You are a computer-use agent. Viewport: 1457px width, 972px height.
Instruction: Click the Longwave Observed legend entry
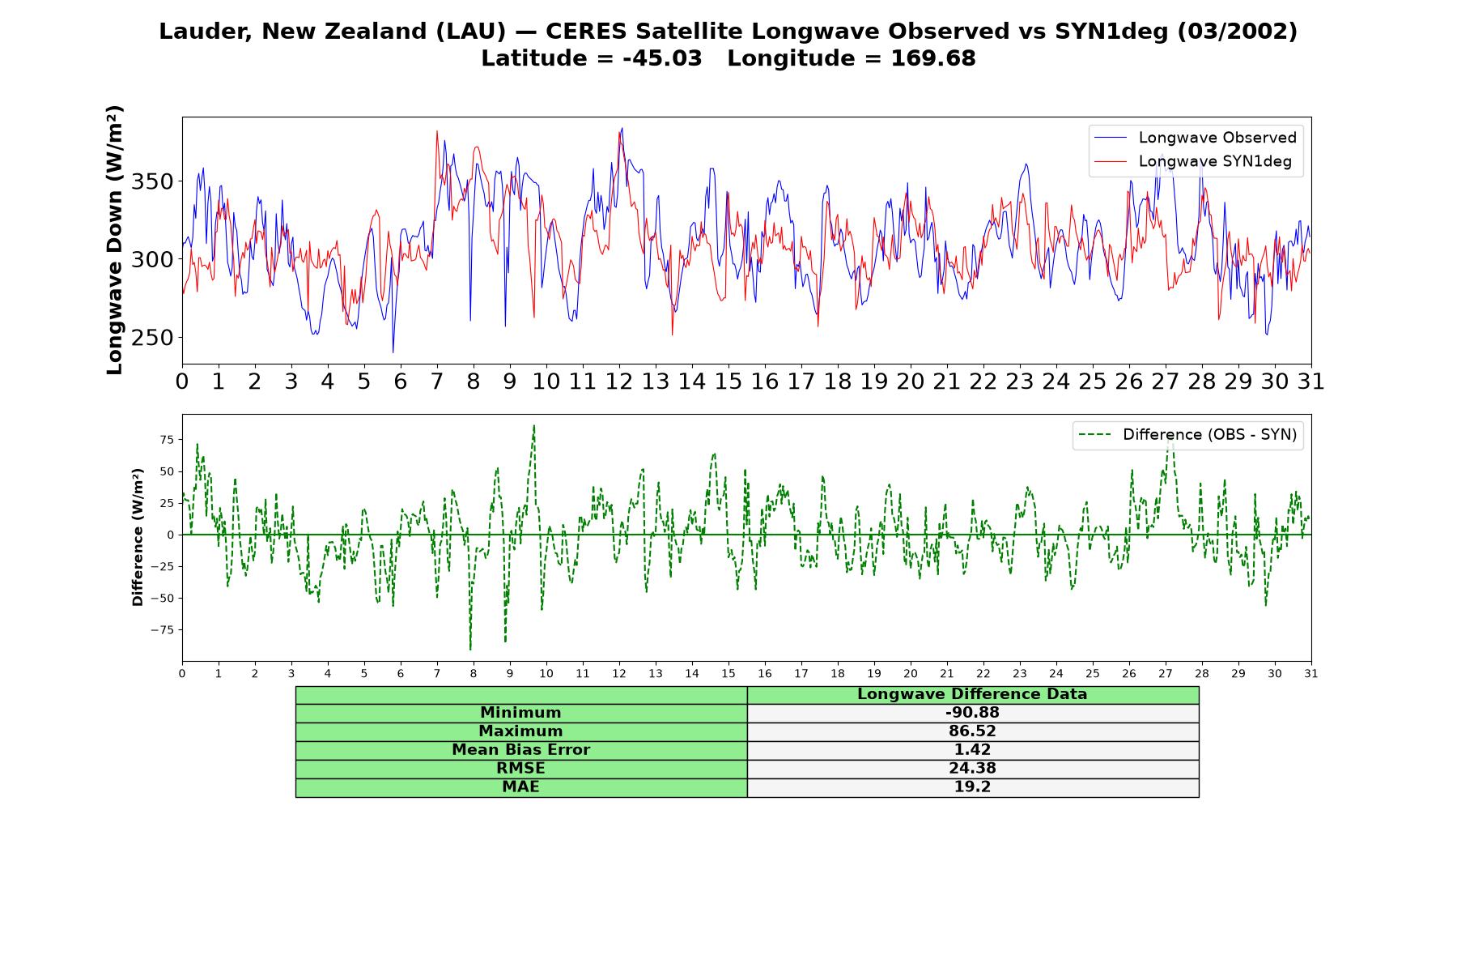point(1195,138)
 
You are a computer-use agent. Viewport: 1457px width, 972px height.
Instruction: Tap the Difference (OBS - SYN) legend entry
point(1187,435)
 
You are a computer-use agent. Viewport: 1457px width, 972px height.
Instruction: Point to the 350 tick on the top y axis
point(152,181)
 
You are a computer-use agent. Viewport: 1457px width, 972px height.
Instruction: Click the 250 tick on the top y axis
point(152,338)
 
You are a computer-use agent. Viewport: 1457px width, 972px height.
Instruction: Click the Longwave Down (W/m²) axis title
point(114,240)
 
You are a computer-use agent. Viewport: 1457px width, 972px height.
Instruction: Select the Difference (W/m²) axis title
point(138,537)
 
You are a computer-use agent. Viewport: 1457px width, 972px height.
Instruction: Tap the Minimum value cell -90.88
point(972,713)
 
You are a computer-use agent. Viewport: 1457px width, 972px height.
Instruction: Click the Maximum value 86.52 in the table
point(972,731)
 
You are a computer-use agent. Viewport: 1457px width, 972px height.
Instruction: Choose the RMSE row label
point(520,769)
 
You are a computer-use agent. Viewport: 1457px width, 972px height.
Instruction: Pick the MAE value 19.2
point(972,787)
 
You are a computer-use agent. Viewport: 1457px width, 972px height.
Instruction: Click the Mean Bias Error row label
point(520,750)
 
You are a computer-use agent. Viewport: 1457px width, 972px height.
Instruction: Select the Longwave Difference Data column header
point(972,694)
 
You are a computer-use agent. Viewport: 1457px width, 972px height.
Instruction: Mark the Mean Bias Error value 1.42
point(972,750)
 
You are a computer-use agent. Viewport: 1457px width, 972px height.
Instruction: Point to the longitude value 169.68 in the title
point(933,58)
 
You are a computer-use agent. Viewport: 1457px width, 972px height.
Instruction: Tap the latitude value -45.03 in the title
point(662,58)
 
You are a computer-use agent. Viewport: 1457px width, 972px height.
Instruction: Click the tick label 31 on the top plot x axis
point(1310,382)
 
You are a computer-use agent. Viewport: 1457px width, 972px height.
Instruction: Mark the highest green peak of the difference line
point(534,425)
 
